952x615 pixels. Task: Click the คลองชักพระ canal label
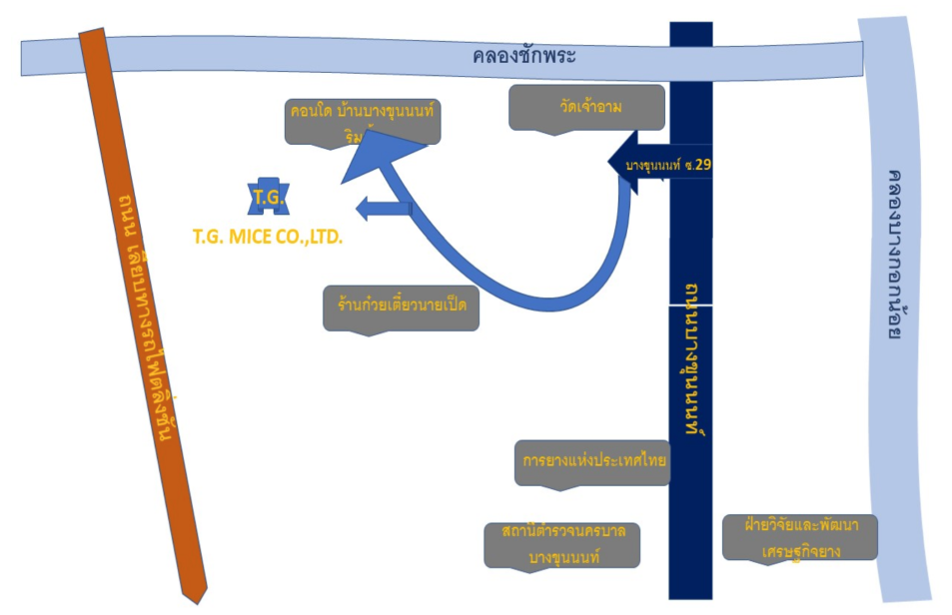(x=524, y=56)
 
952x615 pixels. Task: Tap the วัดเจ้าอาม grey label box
(x=586, y=107)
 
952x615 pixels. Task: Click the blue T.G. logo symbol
(x=268, y=198)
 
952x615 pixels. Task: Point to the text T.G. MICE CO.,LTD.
(x=268, y=238)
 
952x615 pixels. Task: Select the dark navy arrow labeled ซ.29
(x=649, y=165)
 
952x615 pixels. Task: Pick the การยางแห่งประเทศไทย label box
(x=592, y=462)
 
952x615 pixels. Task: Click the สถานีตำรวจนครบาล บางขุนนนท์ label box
(x=562, y=544)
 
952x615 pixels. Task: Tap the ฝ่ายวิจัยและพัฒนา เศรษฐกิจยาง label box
(x=799, y=536)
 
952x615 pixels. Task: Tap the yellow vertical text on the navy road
(x=690, y=354)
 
